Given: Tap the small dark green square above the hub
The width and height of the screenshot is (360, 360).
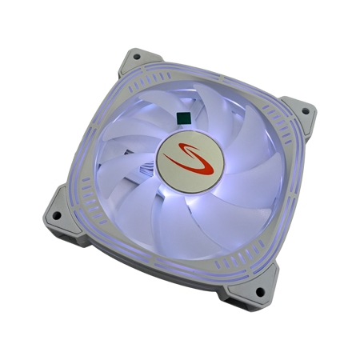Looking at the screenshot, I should pyautogui.click(x=183, y=118).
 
